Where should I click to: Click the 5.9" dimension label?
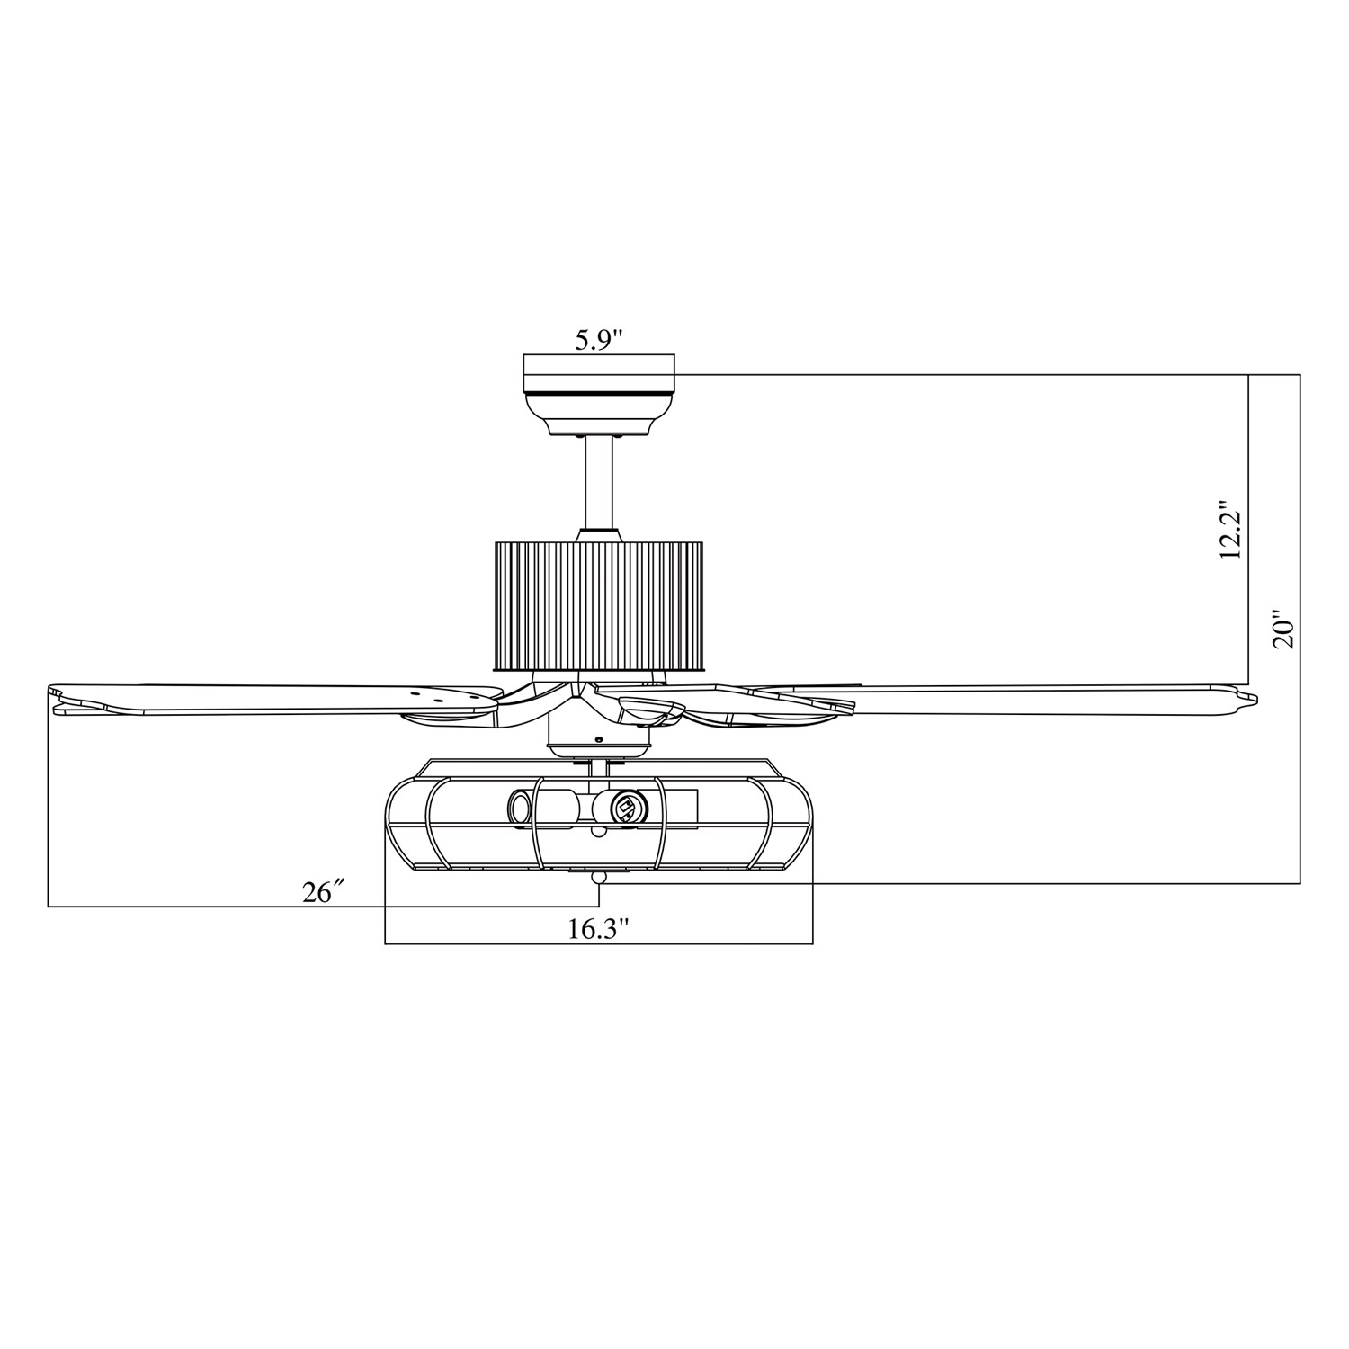pos(599,339)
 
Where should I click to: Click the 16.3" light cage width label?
pos(596,929)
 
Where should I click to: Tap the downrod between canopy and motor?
pos(599,486)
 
